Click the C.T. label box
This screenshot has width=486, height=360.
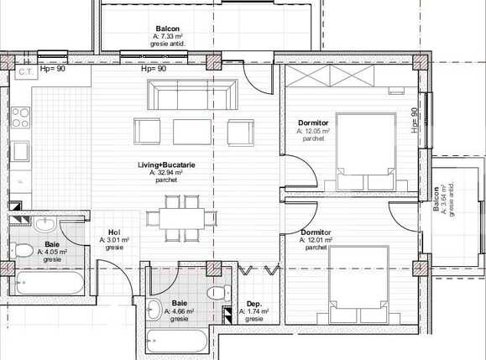click(x=25, y=72)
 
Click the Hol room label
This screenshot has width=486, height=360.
click(x=114, y=233)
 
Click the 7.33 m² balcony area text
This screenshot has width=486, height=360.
click(x=174, y=36)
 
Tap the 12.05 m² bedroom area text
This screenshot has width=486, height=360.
click(x=314, y=132)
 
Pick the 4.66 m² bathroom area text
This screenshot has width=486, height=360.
click(x=180, y=311)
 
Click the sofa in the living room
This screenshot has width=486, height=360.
click(x=190, y=95)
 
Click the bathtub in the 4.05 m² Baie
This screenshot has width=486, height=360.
click(x=47, y=283)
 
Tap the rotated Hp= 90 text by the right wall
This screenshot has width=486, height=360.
click(x=415, y=120)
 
